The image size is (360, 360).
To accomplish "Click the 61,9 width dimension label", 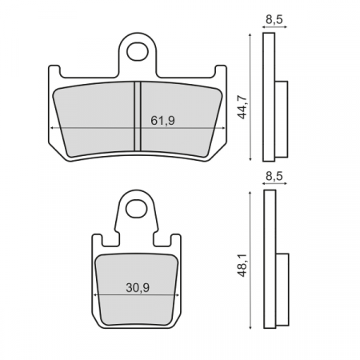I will coord(162,120).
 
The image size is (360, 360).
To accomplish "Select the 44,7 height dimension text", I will coord(242,103).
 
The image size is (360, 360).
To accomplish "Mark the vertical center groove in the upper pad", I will coord(137,116).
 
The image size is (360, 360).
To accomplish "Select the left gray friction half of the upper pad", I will coord(92,116).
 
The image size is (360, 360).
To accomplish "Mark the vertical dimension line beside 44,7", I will coord(252,96).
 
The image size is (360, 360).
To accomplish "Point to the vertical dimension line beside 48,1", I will coord(252,260).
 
